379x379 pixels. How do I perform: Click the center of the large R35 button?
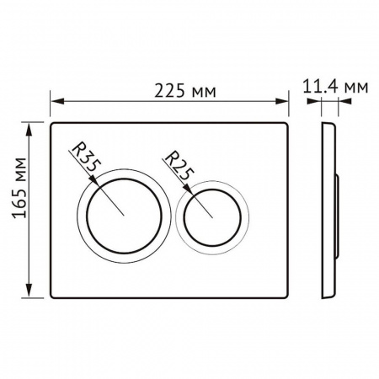click(123, 214)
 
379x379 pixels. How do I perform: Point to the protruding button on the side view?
click(336, 215)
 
